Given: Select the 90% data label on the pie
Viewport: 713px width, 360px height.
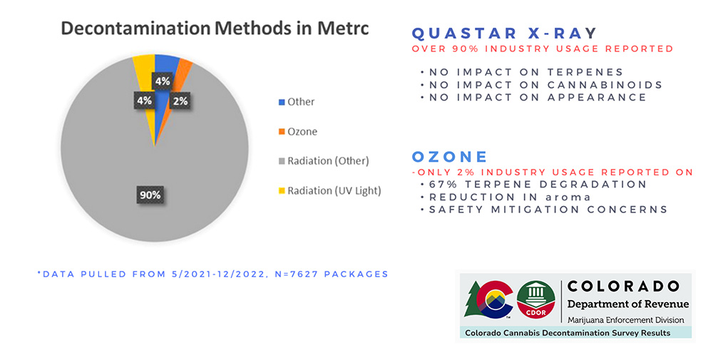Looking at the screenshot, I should [150, 193].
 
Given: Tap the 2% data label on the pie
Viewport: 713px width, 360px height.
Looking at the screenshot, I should [180, 101].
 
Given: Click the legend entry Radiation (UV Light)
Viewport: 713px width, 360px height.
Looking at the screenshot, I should [334, 190].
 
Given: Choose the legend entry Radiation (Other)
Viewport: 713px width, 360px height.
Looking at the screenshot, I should [327, 160].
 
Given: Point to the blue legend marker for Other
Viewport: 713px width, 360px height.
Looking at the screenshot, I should [282, 102].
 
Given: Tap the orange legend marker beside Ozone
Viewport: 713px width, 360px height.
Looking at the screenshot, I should [282, 132].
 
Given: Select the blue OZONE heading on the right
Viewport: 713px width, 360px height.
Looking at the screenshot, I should [449, 156].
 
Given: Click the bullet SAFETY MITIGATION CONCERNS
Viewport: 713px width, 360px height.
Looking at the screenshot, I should [548, 210].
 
